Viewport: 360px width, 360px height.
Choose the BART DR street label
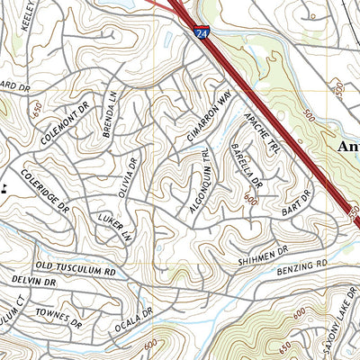(x=295, y=202)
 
